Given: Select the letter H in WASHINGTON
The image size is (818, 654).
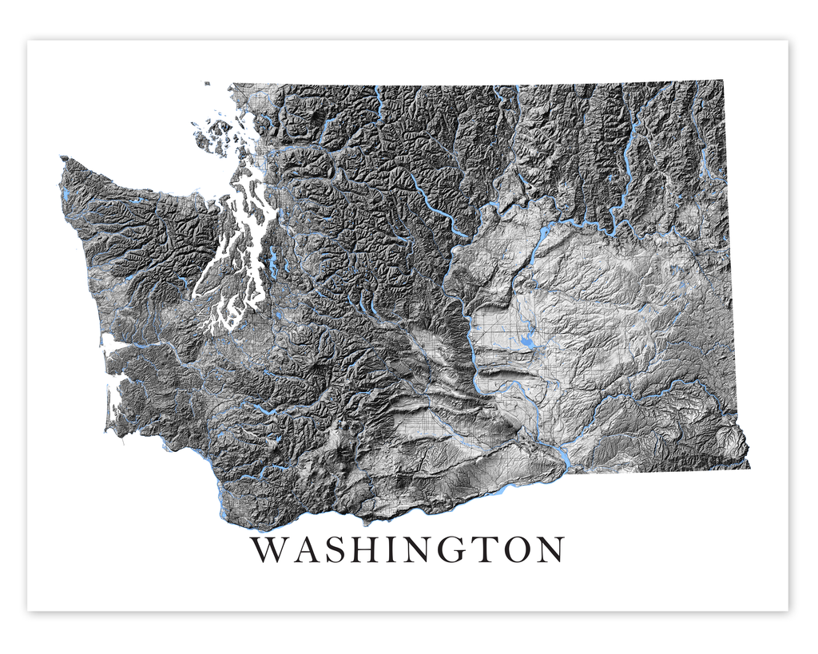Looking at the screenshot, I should click(x=367, y=550).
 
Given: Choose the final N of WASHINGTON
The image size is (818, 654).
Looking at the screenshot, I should click(x=553, y=550).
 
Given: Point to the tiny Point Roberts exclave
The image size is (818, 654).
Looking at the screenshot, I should click(x=207, y=84).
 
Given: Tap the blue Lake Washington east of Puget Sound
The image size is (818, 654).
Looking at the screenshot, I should click(x=274, y=260).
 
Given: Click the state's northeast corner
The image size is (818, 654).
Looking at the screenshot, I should click(x=724, y=81).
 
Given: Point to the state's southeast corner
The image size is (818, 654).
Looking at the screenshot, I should click(x=749, y=466).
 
